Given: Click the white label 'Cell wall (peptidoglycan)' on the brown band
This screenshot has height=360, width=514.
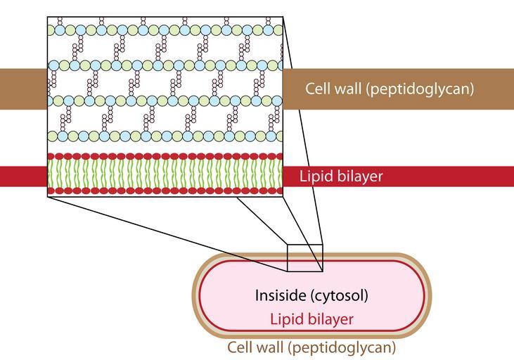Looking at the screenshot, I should pyautogui.click(x=390, y=89).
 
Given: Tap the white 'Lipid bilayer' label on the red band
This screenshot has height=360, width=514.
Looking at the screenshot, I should pyautogui.click(x=341, y=176).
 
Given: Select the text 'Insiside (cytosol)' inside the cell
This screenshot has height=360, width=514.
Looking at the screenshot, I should pyautogui.click(x=311, y=295).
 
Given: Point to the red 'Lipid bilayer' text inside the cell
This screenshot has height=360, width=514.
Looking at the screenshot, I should pyautogui.click(x=311, y=319).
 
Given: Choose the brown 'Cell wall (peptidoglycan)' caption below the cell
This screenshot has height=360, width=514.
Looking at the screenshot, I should pyautogui.click(x=311, y=347).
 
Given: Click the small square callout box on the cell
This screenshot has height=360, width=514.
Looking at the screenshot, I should pyautogui.click(x=305, y=257).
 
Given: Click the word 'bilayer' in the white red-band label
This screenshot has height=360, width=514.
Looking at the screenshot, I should pyautogui.click(x=359, y=176).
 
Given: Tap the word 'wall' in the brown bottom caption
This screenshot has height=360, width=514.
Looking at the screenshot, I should pyautogui.click(x=267, y=347).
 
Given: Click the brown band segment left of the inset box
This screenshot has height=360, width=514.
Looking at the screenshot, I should pyautogui.click(x=23, y=89).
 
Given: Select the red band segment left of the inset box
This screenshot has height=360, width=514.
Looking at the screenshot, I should pyautogui.click(x=23, y=176).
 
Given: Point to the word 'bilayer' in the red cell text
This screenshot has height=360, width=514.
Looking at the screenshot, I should pyautogui.click(x=329, y=319).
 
